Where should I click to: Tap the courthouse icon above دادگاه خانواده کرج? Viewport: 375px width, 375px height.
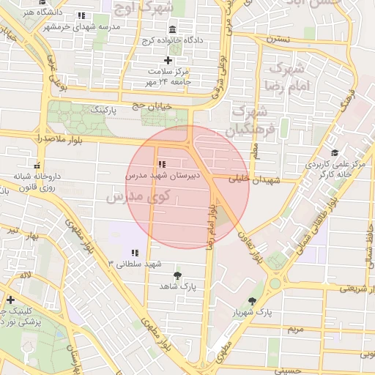[x=172, y=29]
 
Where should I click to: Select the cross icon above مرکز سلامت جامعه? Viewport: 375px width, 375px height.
[x=168, y=60]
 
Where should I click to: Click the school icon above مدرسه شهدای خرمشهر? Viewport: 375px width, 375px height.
[x=81, y=15]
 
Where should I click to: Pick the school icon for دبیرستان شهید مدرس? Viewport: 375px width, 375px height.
[x=160, y=164]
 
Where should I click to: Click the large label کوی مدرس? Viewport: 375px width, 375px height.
[x=138, y=196]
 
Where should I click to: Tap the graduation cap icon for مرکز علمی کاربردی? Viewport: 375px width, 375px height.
[x=335, y=153]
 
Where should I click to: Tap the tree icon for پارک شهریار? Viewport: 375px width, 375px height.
[x=253, y=301]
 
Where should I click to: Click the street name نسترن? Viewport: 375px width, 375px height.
[x=278, y=37]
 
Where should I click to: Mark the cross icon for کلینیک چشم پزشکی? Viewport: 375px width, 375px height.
[x=10, y=300]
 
